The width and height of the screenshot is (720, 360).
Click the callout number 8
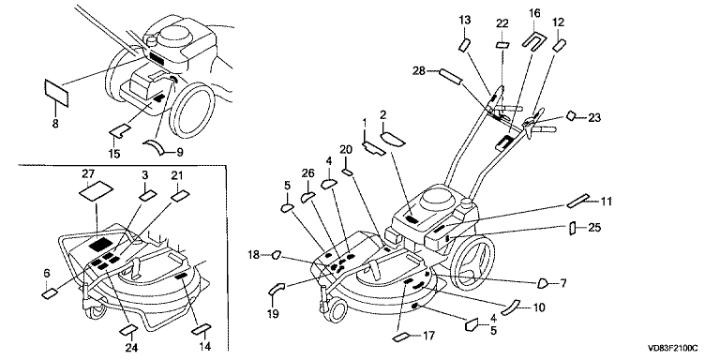pyautogui.click(x=55, y=124)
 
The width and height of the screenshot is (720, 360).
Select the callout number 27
pyautogui.click(x=88, y=174)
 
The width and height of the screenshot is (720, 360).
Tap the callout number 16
pyautogui.click(x=534, y=12)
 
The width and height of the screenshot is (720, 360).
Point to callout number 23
pyautogui.click(x=594, y=118)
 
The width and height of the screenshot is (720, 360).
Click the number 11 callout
pyautogui.click(x=607, y=201)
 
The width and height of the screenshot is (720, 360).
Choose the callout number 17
pyautogui.click(x=427, y=336)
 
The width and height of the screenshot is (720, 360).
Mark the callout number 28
pyautogui.click(x=419, y=70)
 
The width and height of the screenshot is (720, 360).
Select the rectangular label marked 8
pyautogui.click(x=56, y=92)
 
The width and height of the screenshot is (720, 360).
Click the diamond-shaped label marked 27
pyautogui.click(x=96, y=190)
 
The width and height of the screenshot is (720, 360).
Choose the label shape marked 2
pyautogui.click(x=393, y=138)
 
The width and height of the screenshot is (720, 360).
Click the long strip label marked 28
pyautogui.click(x=450, y=76)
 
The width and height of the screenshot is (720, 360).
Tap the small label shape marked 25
pyautogui.click(x=573, y=228)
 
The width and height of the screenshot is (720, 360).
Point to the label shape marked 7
pyautogui.click(x=543, y=283)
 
